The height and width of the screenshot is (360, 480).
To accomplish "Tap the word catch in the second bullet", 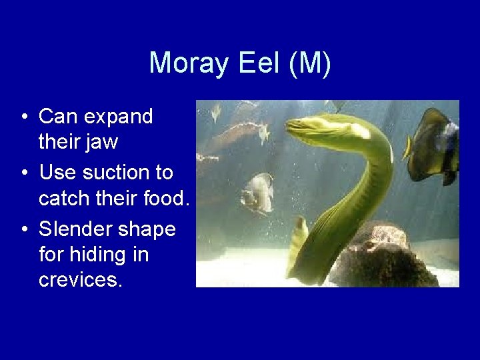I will point(63,198).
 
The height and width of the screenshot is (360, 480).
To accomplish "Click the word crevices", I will point(81,279).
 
